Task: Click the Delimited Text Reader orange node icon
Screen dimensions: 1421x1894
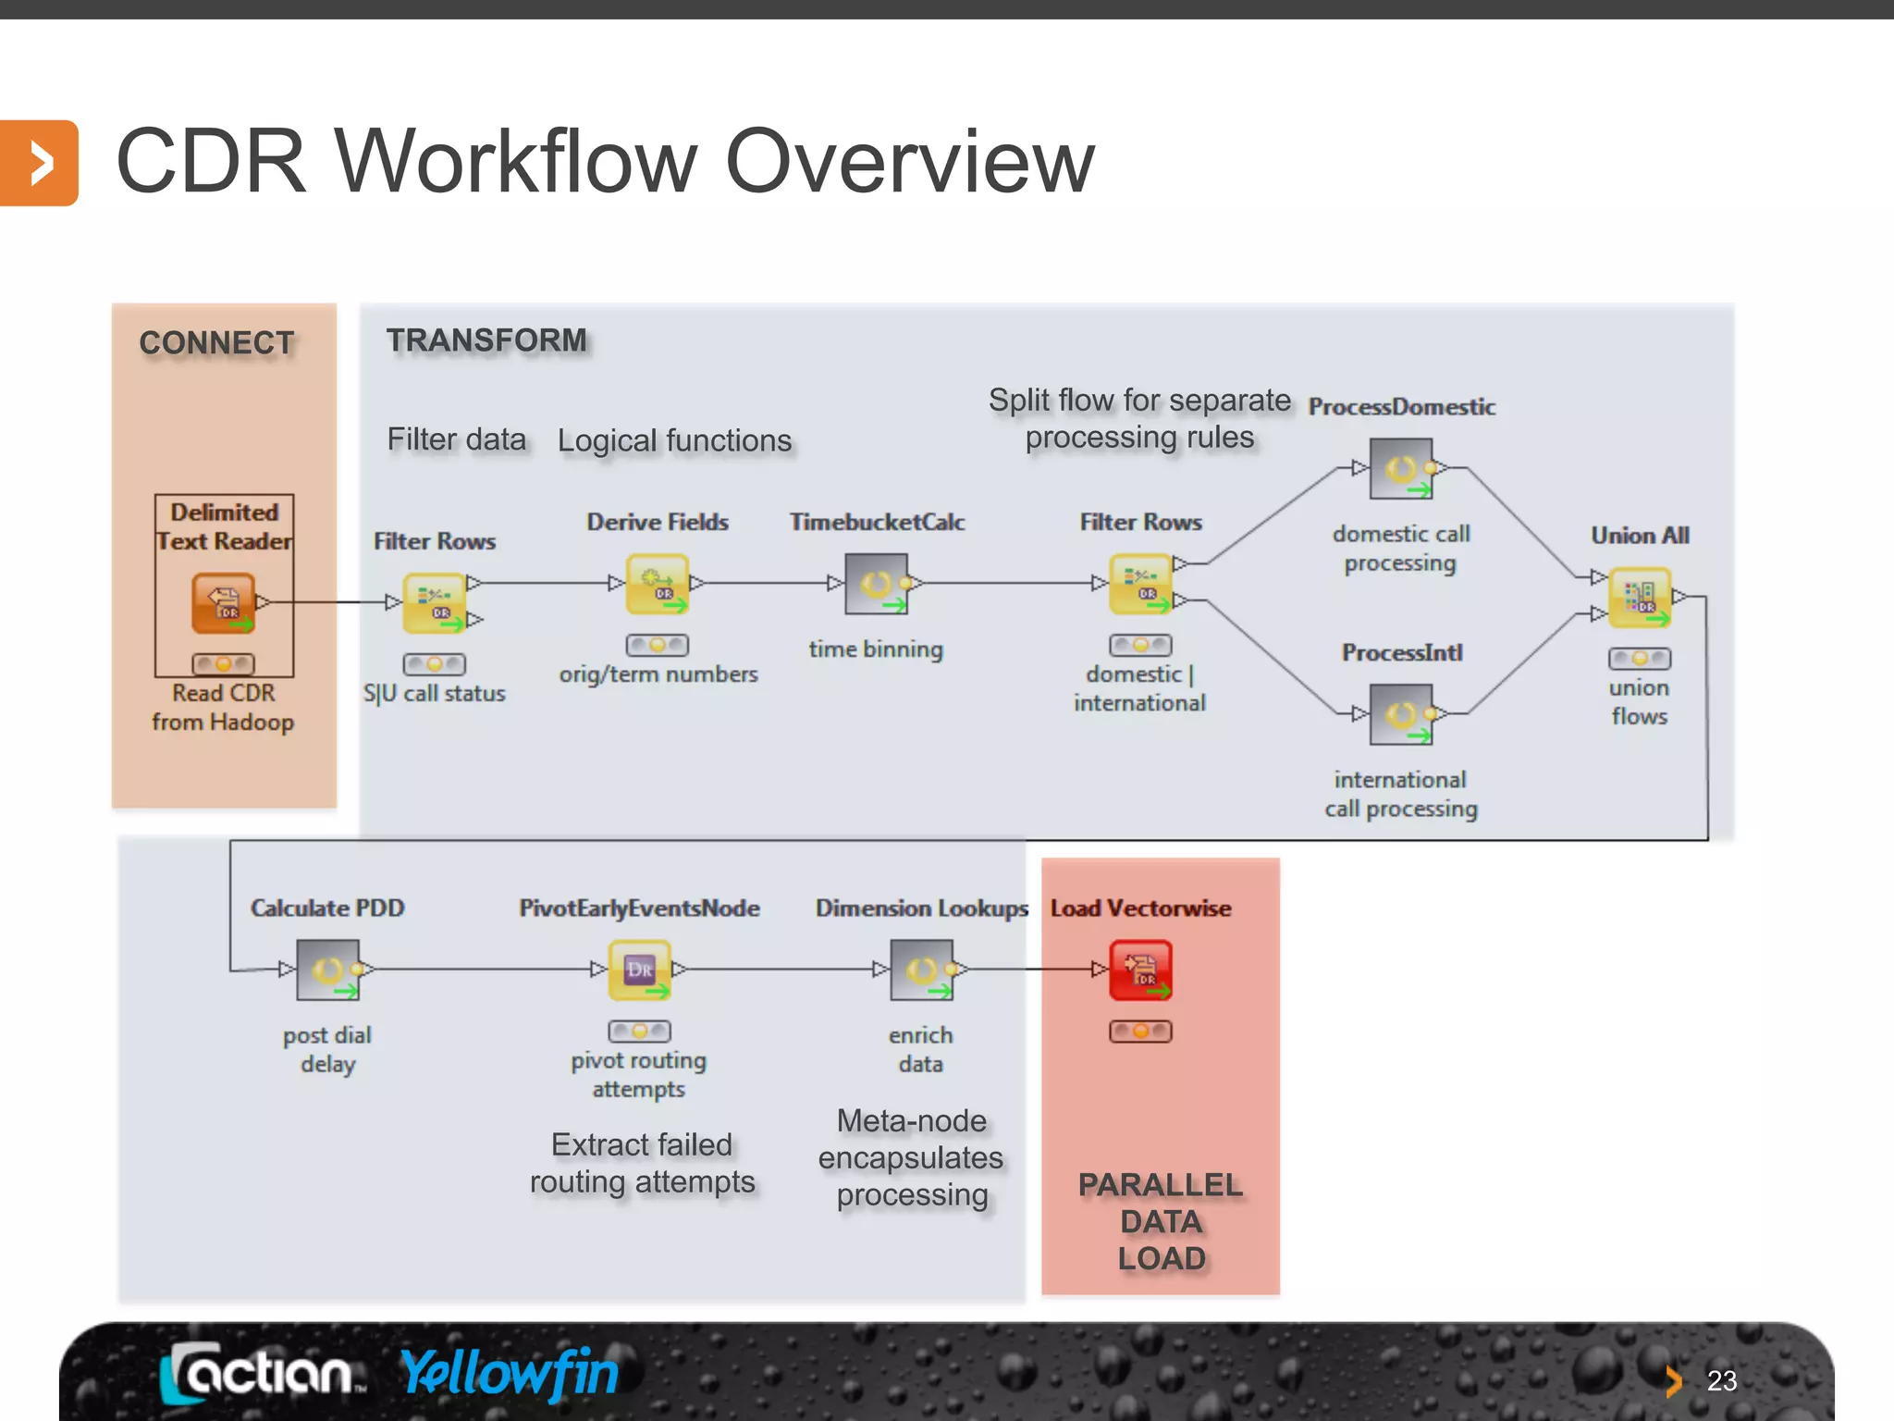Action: pos(223,603)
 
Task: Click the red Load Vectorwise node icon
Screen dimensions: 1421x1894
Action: pos(1140,970)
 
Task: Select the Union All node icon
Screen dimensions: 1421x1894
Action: pos(1640,597)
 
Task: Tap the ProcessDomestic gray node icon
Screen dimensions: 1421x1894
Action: pos(1401,469)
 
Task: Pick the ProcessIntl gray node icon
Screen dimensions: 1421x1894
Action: pos(1401,714)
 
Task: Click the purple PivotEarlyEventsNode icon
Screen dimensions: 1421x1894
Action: pos(640,970)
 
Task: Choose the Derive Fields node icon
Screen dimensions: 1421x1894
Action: pos(658,584)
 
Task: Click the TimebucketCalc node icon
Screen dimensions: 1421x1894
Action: pos(877,584)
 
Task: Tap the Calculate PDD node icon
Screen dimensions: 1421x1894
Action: pos(328,970)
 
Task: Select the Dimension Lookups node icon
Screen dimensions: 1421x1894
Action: pos(921,970)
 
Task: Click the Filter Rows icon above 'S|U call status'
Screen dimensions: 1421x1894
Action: pos(435,603)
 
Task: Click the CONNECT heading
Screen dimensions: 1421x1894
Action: pos(217,343)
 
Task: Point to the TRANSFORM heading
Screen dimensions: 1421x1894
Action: pos(486,340)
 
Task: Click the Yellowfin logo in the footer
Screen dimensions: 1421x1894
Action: pos(510,1373)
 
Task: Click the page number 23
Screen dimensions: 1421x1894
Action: pos(1721,1381)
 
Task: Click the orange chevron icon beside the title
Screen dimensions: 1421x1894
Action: pos(39,163)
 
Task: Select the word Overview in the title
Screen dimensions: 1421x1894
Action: pos(910,162)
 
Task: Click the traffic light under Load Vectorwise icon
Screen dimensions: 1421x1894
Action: pos(1140,1031)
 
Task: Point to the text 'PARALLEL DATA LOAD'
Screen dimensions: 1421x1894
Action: pos(1161,1221)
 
